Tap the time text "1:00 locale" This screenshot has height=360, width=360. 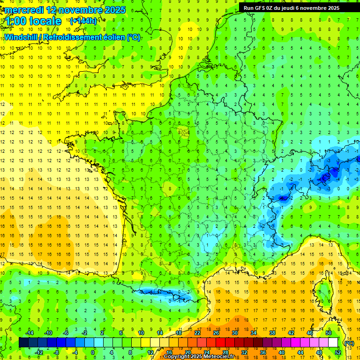click(x=33, y=21)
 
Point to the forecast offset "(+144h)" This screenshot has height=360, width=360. click(x=83, y=21)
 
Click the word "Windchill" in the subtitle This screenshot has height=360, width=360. click(x=21, y=37)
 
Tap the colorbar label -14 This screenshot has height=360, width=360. click(x=30, y=333)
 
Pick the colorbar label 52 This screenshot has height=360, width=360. click(x=337, y=352)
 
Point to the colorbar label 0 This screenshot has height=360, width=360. click(x=93, y=352)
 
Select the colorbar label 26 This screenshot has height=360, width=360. click(x=216, y=333)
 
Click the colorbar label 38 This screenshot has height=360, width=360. click(x=272, y=333)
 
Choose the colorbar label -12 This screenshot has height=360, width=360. click(x=39, y=352)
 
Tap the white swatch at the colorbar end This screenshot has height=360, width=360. click(x=333, y=343)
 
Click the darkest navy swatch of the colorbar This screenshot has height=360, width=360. click(x=23, y=343)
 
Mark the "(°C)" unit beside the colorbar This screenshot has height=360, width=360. click(x=349, y=343)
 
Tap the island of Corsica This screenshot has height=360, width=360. click(x=323, y=291)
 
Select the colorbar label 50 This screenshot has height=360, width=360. click(x=328, y=333)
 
